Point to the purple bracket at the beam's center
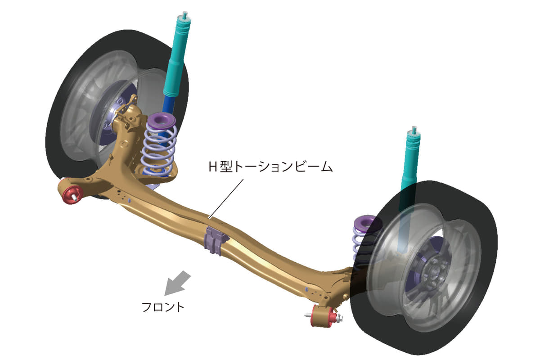pyautogui.click(x=216, y=240)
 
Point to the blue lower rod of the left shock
pyautogui.click(x=169, y=106)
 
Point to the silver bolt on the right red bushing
pyautogui.click(x=339, y=318)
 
